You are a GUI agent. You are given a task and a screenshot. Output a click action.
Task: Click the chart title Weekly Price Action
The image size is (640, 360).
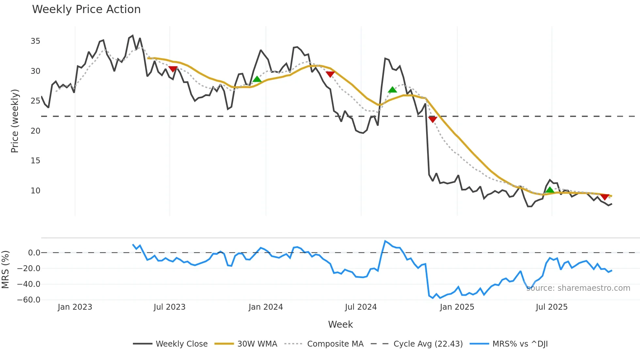tap(86, 9)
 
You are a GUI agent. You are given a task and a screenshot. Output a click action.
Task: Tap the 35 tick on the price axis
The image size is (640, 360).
tap(35, 41)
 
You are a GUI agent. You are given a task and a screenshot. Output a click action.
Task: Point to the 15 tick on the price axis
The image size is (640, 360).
tap(35, 161)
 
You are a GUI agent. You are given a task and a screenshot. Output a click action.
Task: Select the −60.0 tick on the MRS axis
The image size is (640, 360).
tap(29, 300)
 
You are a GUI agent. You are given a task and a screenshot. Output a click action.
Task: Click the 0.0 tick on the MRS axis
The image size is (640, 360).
tap(34, 253)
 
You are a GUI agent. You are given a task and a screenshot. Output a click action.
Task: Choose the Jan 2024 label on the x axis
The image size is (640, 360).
tap(265, 307)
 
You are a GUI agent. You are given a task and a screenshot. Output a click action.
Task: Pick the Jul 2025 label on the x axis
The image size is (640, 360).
tap(552, 307)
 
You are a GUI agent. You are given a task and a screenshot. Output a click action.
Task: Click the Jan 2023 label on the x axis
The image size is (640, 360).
tap(75, 307)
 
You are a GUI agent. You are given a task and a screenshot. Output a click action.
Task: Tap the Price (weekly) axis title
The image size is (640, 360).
tap(15, 121)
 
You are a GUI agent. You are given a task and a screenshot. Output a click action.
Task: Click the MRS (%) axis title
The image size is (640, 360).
tap(5, 270)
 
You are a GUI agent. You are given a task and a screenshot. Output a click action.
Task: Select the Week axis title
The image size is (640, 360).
tap(340, 324)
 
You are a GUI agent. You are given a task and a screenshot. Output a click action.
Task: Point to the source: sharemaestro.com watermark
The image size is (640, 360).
tap(578, 288)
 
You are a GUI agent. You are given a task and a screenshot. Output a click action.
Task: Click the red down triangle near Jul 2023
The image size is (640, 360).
tap(173, 69)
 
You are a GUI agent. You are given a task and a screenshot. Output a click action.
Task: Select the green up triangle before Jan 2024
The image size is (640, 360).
tap(257, 79)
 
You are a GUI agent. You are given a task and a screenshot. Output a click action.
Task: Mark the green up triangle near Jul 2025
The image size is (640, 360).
tap(550, 190)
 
